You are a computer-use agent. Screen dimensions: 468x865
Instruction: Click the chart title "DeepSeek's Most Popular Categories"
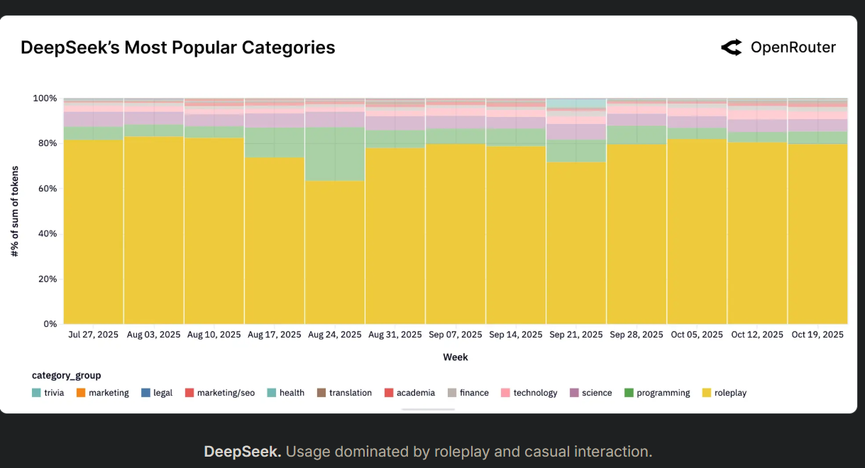(177, 48)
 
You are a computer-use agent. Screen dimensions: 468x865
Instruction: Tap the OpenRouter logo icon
(731, 48)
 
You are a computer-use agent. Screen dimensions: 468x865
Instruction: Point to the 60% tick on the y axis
(47, 189)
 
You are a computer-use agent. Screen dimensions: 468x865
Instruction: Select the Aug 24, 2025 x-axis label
(334, 335)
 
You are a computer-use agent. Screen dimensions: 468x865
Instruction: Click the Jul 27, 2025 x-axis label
(93, 335)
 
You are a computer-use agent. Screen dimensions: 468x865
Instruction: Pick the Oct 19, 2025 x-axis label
(817, 335)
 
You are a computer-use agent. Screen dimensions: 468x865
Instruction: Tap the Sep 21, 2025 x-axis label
(575, 335)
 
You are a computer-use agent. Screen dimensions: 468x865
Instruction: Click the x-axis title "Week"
(455, 357)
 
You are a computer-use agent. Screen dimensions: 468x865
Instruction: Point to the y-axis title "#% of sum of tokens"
(14, 211)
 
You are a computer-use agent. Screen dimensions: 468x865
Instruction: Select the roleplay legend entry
(724, 393)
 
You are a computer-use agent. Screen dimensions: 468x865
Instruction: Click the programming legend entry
(656, 393)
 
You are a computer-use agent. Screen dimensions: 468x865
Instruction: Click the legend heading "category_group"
(66, 375)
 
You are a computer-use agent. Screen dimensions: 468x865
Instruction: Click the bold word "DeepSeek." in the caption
(242, 452)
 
